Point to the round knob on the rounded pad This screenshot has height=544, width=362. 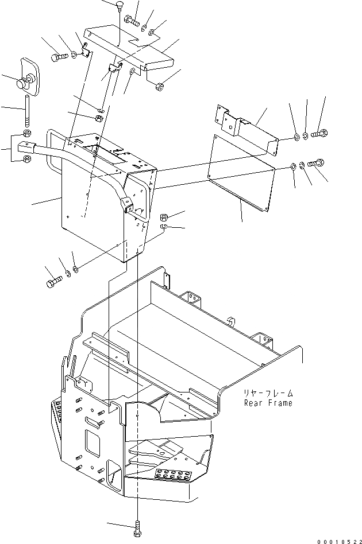coord(24,83)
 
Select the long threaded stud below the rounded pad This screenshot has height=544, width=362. coord(26,113)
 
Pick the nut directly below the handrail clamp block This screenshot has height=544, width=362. coord(26,158)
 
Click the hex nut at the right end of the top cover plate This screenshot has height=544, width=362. coord(160,87)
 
